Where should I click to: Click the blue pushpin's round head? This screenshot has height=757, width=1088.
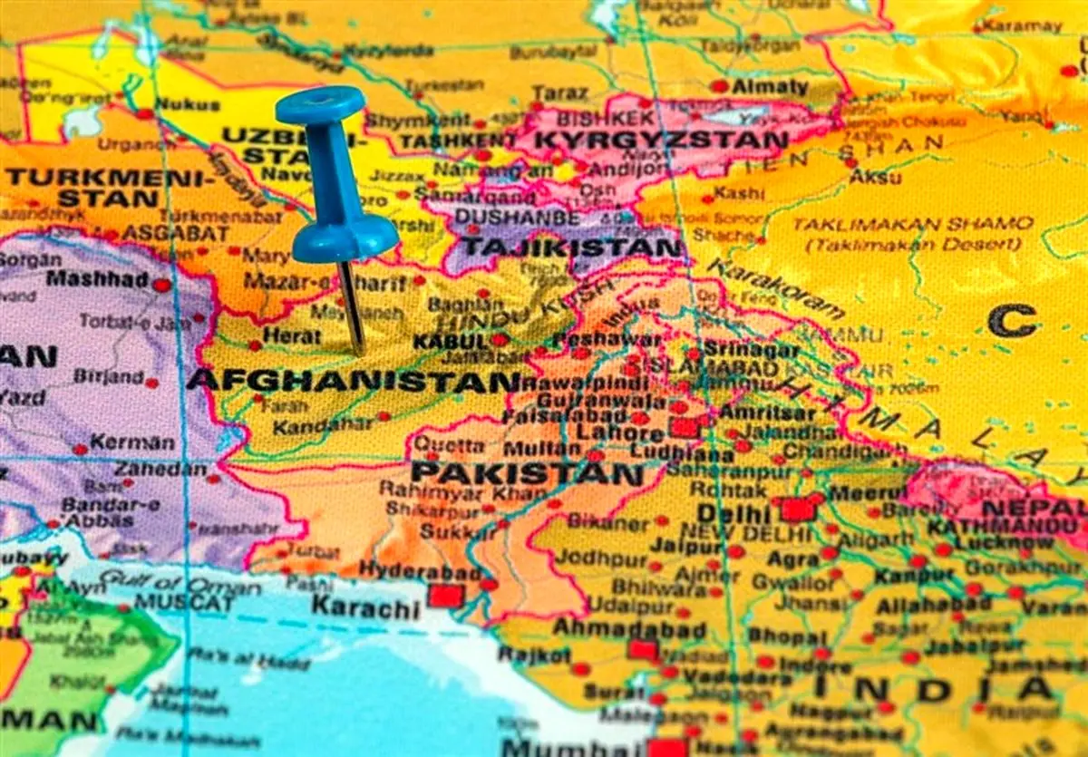coord(321,105)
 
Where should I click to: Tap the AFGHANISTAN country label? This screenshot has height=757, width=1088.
coord(354,380)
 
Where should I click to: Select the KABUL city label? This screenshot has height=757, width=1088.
coord(450,342)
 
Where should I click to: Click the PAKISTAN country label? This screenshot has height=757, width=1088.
coord(527,473)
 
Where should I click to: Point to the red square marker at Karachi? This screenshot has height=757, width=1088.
coord(445,596)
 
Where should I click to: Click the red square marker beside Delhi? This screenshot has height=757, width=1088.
coord(797,509)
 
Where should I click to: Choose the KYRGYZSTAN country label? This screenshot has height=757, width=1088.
coord(662,141)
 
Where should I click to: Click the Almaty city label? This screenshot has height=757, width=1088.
coord(770,87)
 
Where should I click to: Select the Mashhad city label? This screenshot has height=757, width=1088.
coord(97,279)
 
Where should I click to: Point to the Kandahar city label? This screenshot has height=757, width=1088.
coord(323,425)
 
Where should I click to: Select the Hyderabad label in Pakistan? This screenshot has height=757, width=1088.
coord(420,570)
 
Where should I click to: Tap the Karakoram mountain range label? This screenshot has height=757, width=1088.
coord(774,288)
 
